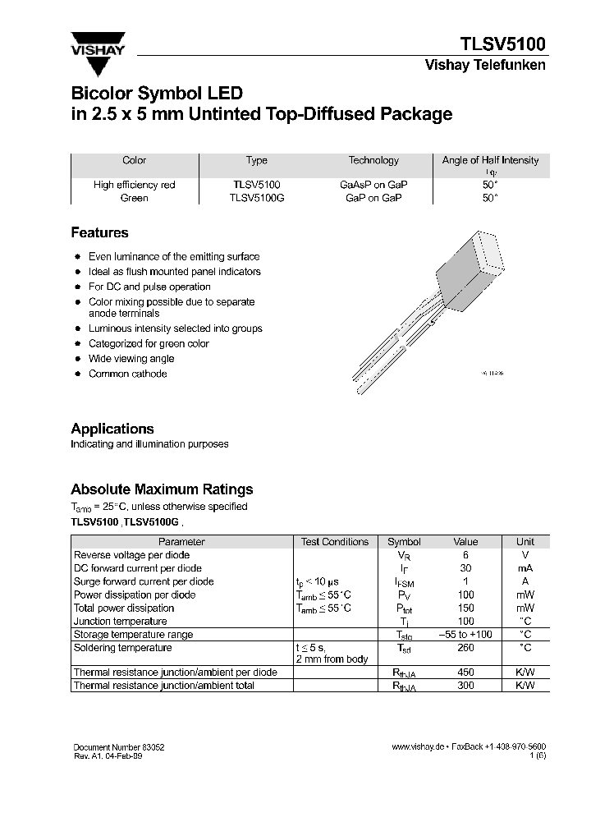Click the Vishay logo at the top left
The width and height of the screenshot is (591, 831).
(98, 44)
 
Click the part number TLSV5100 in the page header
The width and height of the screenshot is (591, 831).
(501, 44)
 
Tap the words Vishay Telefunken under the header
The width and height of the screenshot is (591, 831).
(484, 66)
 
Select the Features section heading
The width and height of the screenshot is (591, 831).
(99, 232)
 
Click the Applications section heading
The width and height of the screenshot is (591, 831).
(112, 429)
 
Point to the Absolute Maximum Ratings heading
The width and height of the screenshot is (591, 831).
(162, 489)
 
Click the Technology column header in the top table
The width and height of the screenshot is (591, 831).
(373, 161)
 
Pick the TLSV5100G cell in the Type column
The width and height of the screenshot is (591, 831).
(257, 198)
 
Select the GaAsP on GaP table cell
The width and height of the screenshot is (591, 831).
(373, 185)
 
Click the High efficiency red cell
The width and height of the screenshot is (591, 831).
(135, 185)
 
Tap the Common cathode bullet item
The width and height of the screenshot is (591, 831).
(127, 374)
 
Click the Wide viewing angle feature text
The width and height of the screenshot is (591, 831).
(131, 358)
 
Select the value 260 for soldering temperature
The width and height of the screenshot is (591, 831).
(465, 648)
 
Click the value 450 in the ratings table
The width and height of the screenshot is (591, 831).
(465, 673)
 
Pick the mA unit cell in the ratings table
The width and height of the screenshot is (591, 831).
(525, 568)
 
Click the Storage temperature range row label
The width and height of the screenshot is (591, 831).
(134, 635)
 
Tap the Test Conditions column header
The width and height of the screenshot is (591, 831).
(335, 542)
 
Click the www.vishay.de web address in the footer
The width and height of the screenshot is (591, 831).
(418, 747)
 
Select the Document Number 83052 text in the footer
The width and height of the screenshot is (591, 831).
(119, 747)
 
